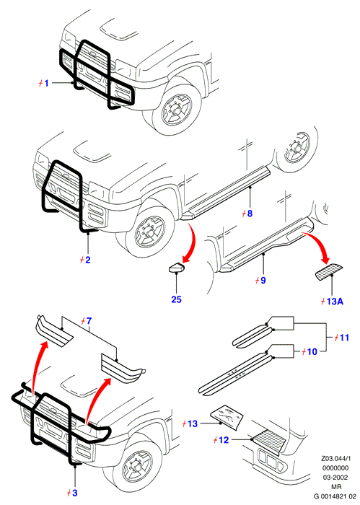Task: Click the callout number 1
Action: point(46,83)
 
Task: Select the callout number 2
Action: point(87,260)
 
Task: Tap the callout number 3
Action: point(74,493)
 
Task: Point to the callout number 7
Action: point(89,321)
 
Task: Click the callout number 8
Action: point(249,214)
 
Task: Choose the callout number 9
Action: point(263,280)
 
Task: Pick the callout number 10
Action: point(312,352)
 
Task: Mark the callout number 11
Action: point(344,338)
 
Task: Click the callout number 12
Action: point(224,439)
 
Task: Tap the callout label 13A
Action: point(335,302)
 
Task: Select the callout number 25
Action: point(176,299)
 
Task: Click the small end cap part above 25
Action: point(177,268)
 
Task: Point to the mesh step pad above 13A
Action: point(328,272)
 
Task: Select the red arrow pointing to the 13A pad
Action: point(320,244)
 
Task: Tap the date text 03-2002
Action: point(335,478)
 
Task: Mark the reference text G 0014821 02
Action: point(335,496)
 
